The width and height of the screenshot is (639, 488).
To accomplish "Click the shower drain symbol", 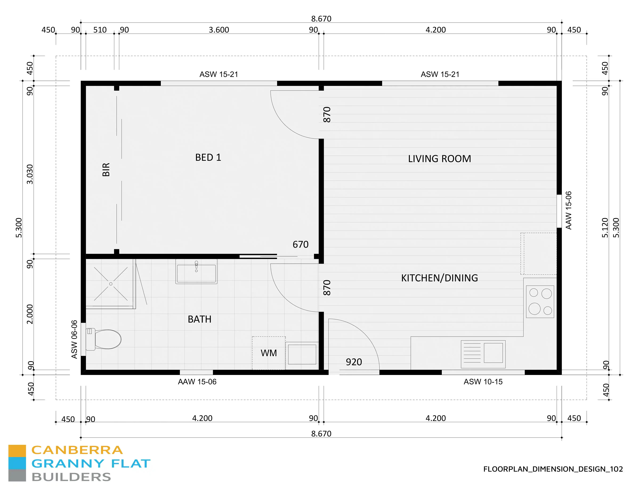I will pyautogui.click(x=111, y=284).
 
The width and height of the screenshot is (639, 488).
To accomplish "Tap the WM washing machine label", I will pyautogui.click(x=269, y=353).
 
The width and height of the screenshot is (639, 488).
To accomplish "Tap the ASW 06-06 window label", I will pyautogui.click(x=74, y=339).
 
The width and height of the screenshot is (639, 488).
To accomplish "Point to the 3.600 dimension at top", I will pyautogui.click(x=219, y=30).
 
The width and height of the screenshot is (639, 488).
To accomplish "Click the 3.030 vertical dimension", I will pyautogui.click(x=30, y=174).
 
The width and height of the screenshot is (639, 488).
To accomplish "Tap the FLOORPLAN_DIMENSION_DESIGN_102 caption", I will pyautogui.click(x=553, y=469).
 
